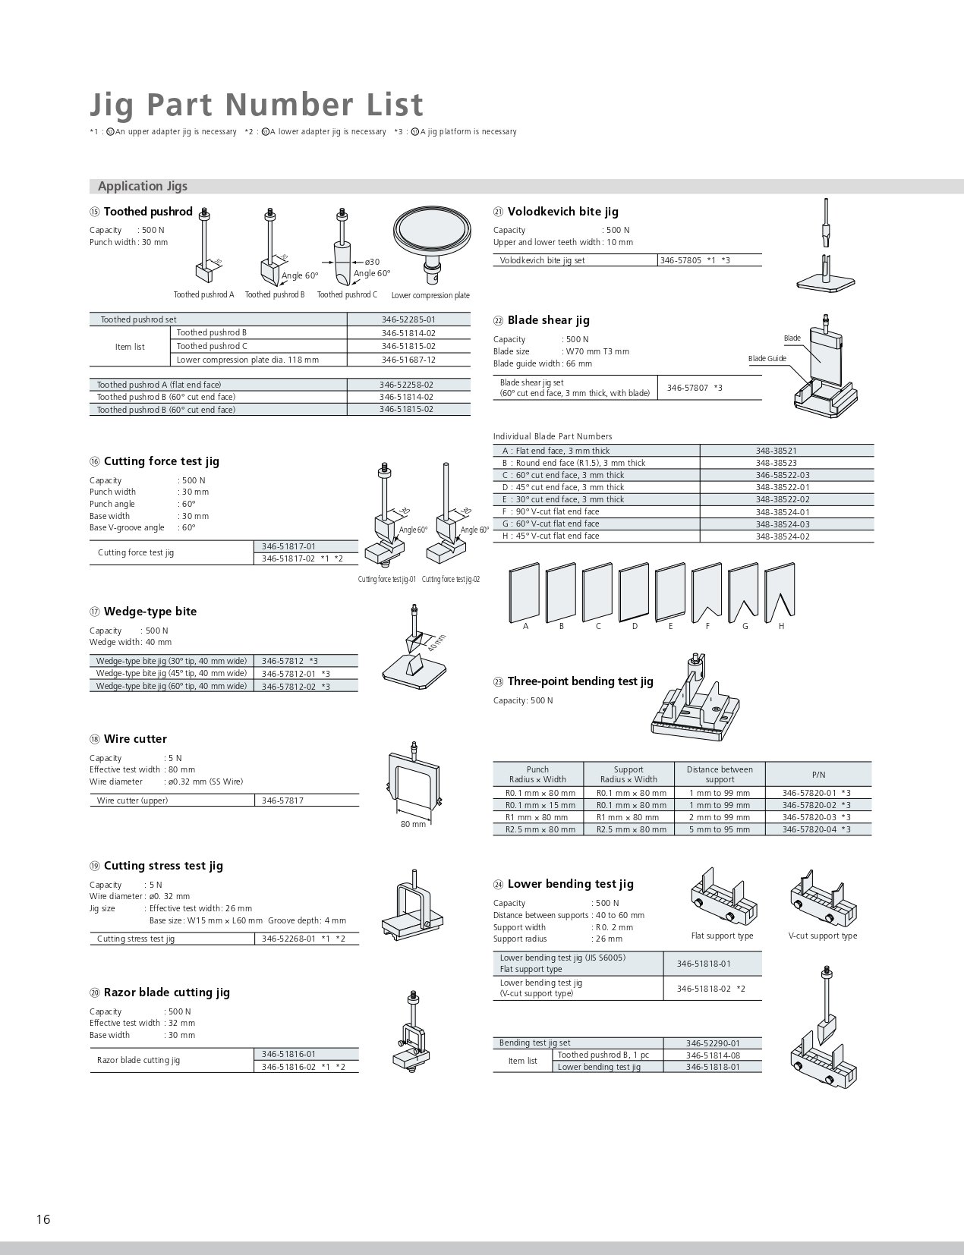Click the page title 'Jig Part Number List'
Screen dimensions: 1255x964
click(257, 105)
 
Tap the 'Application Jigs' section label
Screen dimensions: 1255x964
click(143, 186)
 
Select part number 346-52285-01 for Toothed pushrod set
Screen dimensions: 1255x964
click(408, 320)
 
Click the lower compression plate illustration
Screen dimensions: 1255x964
click(430, 238)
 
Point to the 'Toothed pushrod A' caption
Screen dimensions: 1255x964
click(203, 294)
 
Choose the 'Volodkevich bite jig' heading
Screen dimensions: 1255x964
click(562, 212)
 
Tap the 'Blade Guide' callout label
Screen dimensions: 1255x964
click(767, 358)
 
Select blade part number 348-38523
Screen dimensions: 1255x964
click(776, 463)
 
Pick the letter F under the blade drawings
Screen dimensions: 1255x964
click(707, 626)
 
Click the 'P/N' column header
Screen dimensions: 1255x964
click(818, 775)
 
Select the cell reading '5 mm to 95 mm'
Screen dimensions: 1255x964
click(719, 829)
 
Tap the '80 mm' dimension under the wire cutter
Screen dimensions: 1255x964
click(413, 824)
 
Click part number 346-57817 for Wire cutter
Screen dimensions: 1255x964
click(282, 800)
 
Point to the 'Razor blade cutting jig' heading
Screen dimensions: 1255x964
click(166, 992)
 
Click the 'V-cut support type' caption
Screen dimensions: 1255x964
click(822, 936)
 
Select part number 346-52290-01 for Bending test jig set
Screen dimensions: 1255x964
click(712, 1043)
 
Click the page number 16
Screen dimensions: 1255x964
click(43, 1219)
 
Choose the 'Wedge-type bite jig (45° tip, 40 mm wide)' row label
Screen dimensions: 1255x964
click(172, 673)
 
